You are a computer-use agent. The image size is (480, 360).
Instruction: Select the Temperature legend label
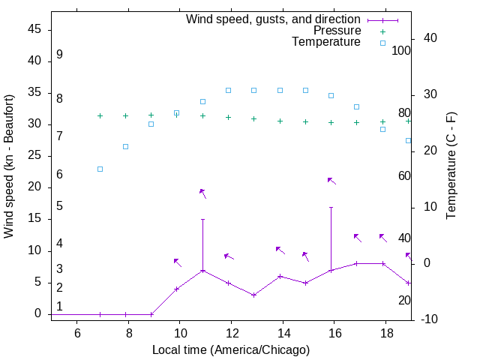coord(326,42)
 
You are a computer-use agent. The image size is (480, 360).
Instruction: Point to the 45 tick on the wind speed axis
coord(34,29)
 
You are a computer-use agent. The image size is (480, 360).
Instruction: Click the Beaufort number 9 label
coord(59,55)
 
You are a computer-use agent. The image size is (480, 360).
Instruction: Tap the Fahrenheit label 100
coord(402,51)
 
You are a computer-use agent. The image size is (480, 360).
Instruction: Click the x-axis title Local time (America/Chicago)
coord(230,349)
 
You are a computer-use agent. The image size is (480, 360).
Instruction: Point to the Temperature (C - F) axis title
coord(451,166)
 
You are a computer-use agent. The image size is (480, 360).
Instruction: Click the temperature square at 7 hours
coord(100,169)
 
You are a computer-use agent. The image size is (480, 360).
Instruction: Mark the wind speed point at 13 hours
coord(254,295)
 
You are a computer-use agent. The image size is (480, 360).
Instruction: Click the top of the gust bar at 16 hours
coord(331,207)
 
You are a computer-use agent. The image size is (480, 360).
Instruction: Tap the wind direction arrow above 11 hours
coord(202,193)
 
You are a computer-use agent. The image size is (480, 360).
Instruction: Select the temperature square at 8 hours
coord(125,146)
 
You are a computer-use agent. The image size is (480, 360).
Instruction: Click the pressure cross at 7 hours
coord(100,115)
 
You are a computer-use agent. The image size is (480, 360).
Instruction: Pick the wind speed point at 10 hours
coord(177,289)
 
